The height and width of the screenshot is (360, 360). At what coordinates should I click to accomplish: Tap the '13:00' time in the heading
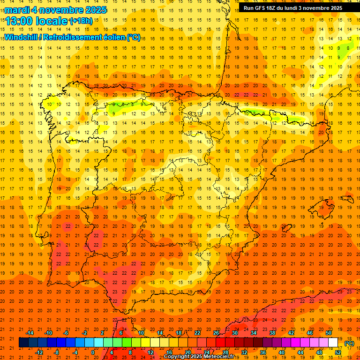pyautogui.click(x=19, y=21)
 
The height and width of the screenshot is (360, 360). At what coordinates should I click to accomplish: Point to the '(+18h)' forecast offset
pyautogui.click(x=81, y=21)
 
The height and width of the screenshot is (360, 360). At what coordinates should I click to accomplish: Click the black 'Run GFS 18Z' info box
pyautogui.click(x=292, y=7)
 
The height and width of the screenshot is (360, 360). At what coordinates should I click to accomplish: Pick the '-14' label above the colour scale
pyautogui.click(x=30, y=333)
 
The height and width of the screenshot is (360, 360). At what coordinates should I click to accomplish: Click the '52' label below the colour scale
pyautogui.click(x=338, y=352)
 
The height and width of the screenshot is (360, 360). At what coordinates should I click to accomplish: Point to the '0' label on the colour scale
pyautogui.click(x=93, y=352)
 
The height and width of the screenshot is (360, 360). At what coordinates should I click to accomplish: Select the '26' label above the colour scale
pyautogui.click(x=216, y=333)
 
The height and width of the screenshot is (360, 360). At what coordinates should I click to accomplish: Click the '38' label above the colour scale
pyautogui.click(x=272, y=333)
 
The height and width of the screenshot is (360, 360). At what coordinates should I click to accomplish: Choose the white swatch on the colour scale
pyautogui.click(x=333, y=343)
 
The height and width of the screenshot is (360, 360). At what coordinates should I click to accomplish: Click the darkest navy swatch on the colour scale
pyautogui.click(x=23, y=343)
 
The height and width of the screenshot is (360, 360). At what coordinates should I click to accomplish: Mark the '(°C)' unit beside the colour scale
pyautogui.click(x=349, y=343)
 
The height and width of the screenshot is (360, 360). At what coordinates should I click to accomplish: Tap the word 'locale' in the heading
pyautogui.click(x=51, y=21)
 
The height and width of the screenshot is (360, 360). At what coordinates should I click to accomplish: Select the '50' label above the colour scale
pyautogui.click(x=329, y=333)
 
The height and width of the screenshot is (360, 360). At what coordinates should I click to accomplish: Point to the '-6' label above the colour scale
pyautogui.click(x=66, y=333)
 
